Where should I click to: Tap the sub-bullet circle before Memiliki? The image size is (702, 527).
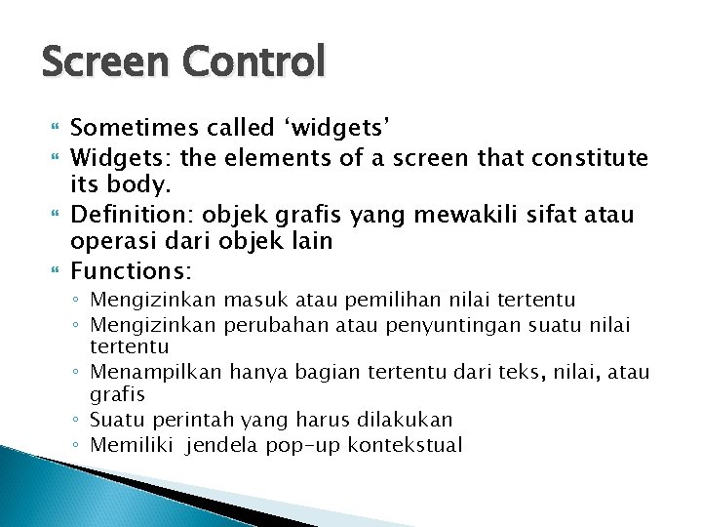tap(78, 446)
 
